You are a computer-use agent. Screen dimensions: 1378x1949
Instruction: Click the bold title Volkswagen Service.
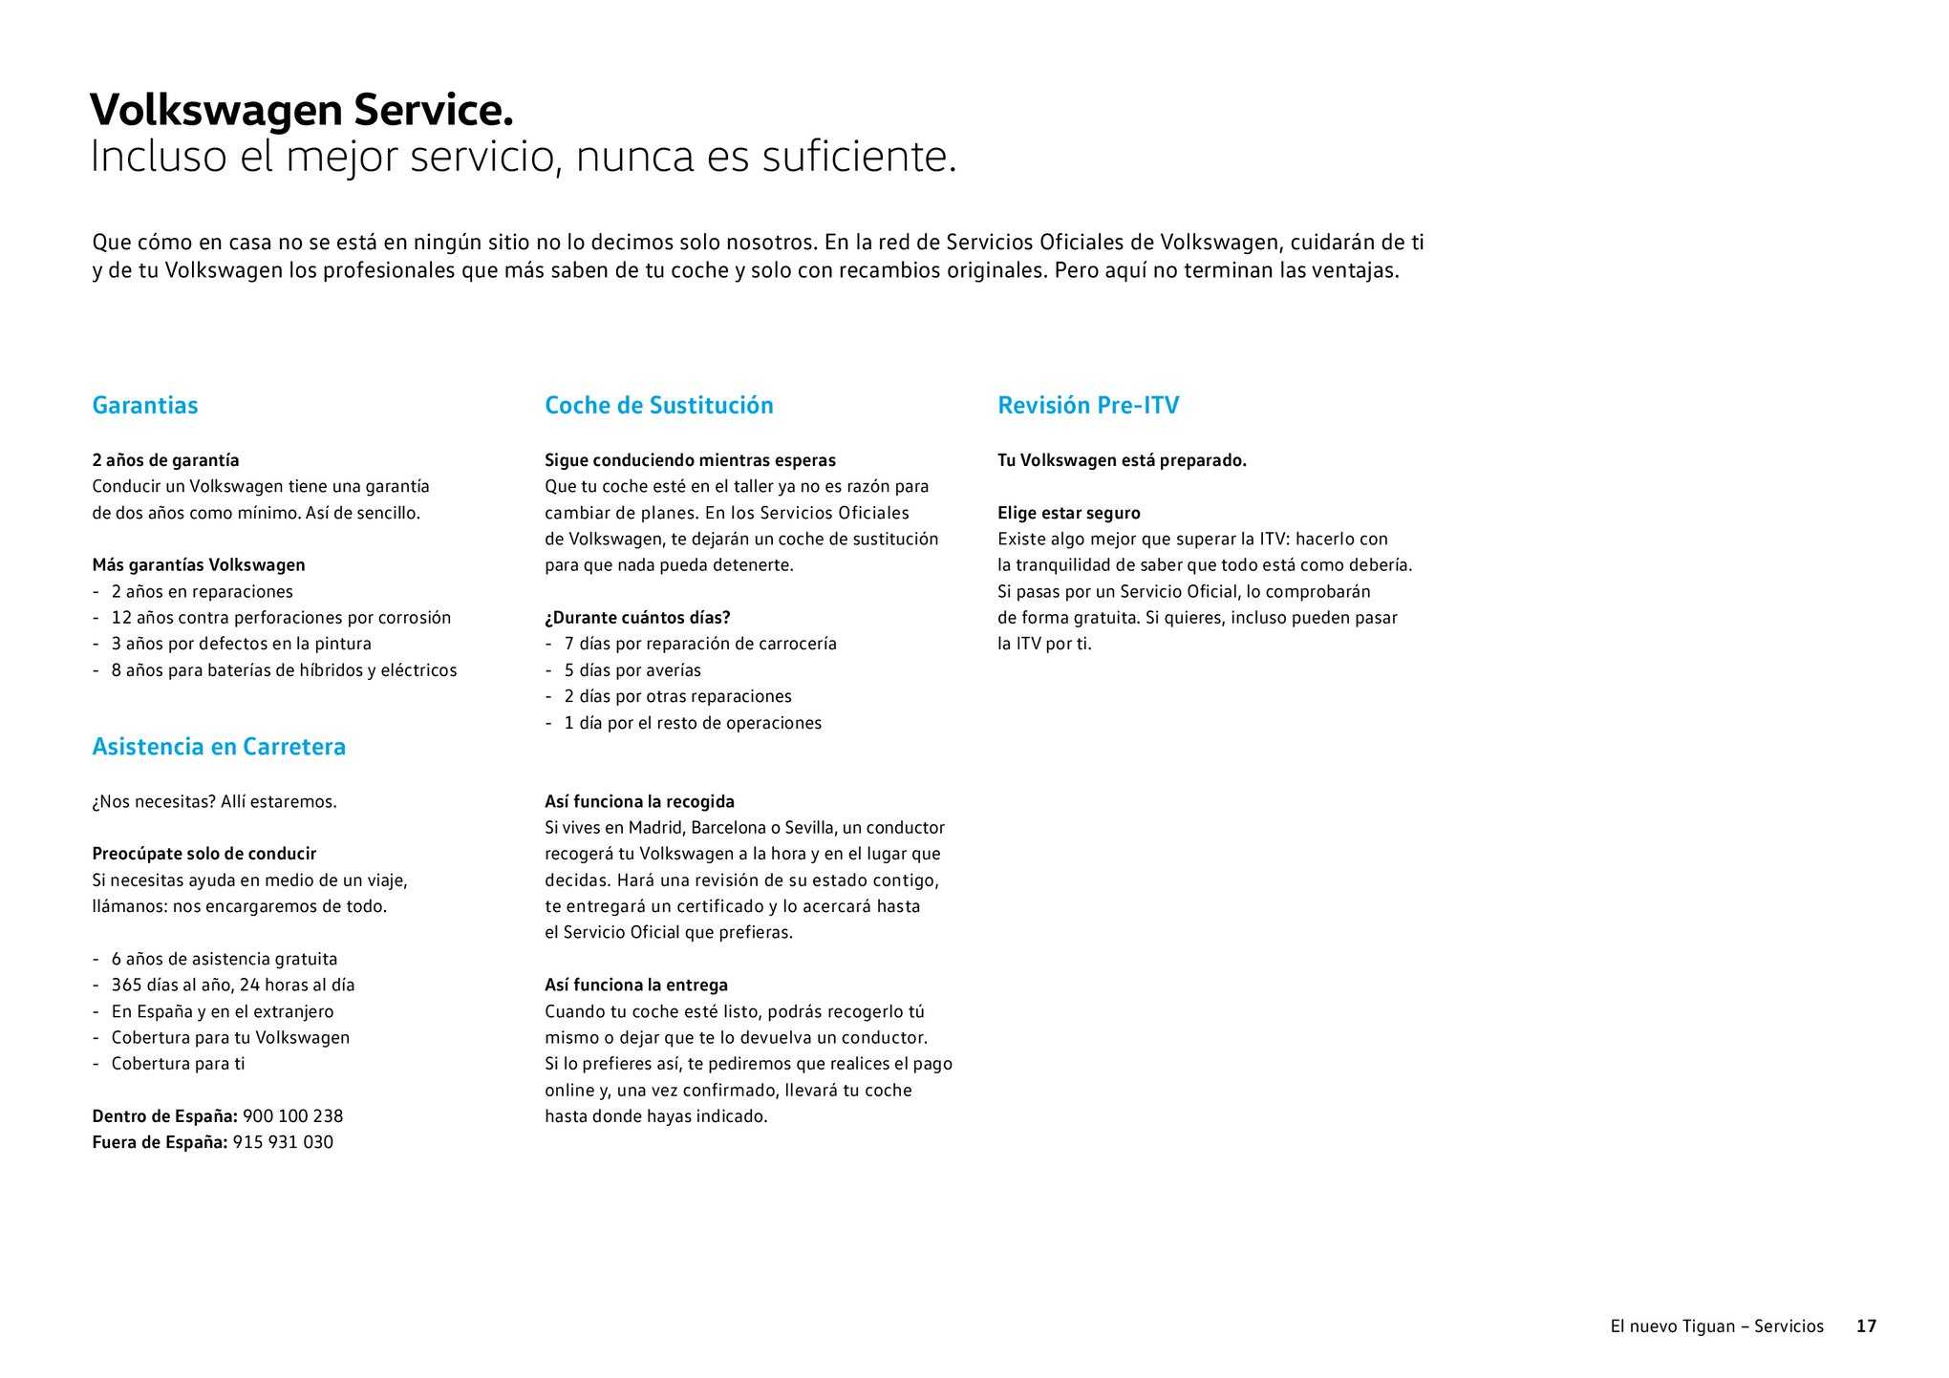[x=301, y=111]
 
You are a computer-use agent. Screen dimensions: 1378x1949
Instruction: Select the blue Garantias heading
[x=145, y=406]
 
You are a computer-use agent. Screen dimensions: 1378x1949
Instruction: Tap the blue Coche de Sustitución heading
[x=658, y=406]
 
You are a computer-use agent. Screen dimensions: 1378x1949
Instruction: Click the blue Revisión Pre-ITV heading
[x=1088, y=406]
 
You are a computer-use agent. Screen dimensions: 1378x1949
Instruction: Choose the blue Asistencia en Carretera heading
[x=219, y=747]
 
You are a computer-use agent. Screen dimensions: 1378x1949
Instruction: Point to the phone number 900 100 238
[x=292, y=1116]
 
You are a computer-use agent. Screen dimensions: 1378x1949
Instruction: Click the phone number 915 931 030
[x=283, y=1142]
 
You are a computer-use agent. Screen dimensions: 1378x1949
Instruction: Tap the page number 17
[x=1866, y=1326]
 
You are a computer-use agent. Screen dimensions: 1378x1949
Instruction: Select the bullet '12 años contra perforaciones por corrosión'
[x=281, y=618]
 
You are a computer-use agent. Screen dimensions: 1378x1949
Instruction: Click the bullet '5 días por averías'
[x=632, y=670]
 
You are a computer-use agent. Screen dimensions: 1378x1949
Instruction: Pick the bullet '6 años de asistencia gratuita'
[x=225, y=959]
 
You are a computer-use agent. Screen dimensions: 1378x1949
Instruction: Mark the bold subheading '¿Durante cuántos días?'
[x=637, y=618]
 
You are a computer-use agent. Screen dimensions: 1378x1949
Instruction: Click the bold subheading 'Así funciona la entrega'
[x=636, y=985]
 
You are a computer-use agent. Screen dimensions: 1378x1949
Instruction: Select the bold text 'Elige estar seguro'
[x=1069, y=513]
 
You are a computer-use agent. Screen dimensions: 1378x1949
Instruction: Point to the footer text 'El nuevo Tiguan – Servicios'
[x=1717, y=1326]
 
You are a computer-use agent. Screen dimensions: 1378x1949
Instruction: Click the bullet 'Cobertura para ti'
[x=178, y=1064]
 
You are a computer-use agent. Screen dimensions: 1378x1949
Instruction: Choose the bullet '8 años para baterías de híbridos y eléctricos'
[x=284, y=670]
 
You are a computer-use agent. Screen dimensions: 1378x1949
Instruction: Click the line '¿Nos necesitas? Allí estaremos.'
[x=214, y=801]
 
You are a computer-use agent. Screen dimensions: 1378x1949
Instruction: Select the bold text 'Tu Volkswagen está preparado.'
[x=1122, y=460]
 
